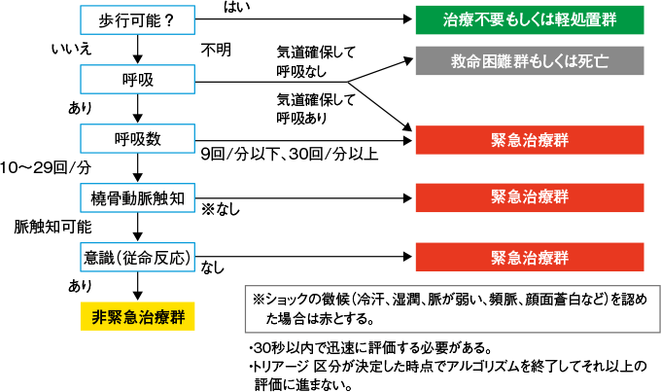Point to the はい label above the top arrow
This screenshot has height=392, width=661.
(x=235, y=8)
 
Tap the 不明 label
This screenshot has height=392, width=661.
(x=215, y=48)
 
